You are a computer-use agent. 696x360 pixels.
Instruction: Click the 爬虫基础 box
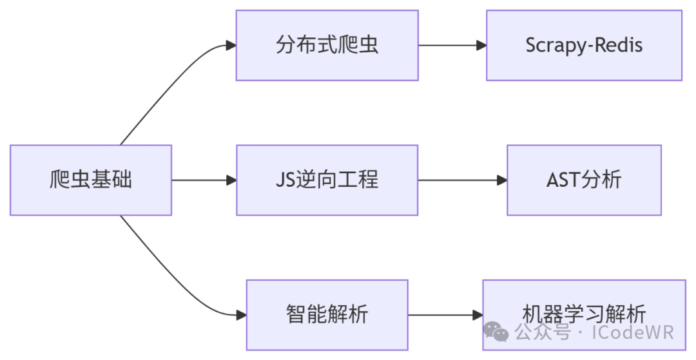(91, 180)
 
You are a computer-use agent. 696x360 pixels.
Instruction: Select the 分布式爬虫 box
(327, 45)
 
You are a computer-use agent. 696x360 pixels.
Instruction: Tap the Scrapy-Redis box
(584, 45)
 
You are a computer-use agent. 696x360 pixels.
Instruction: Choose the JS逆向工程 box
(327, 180)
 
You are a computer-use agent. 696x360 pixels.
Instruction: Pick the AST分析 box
(584, 180)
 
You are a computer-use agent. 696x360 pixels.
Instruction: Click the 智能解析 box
(327, 315)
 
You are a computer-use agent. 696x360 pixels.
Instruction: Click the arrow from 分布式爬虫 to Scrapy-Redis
(452, 45)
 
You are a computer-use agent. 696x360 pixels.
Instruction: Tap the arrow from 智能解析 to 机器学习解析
(445, 315)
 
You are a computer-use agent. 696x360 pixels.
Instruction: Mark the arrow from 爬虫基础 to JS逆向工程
(204, 180)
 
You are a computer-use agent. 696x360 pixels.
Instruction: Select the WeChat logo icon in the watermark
(497, 332)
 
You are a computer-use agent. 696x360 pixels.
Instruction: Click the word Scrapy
(554, 46)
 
